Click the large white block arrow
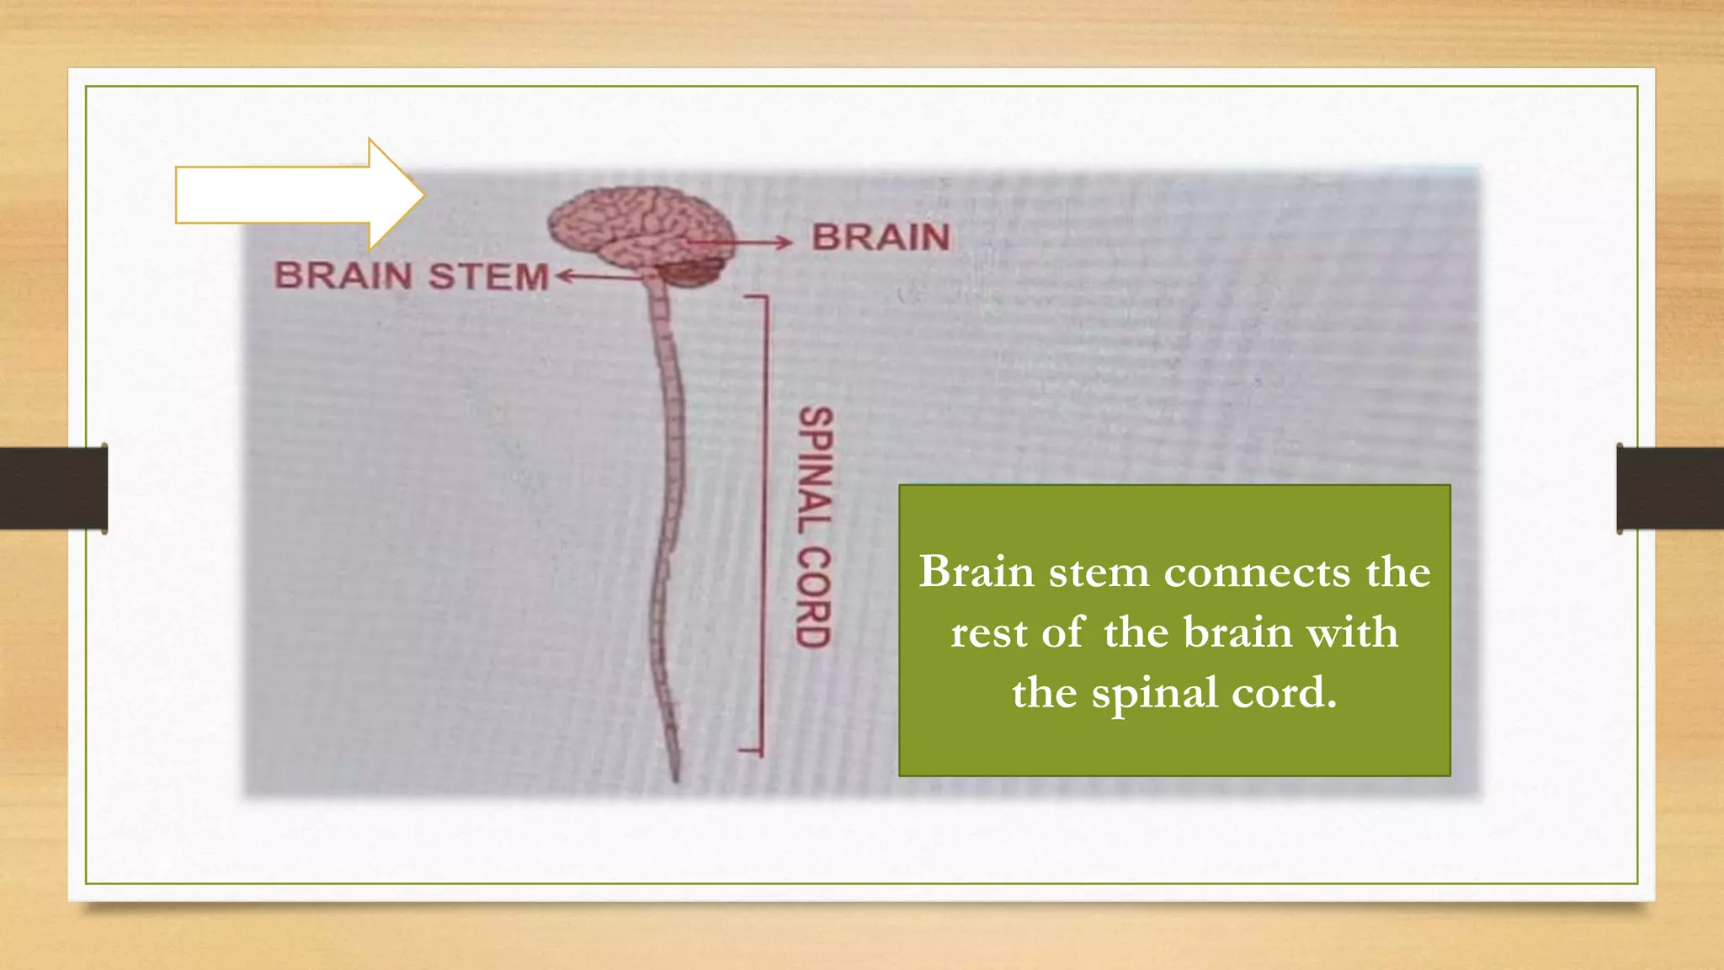[286, 195]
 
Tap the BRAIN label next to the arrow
[881, 237]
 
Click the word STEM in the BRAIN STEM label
[488, 277]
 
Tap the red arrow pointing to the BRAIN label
[741, 243]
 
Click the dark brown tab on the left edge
[53, 488]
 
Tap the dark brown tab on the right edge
[1670, 488]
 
